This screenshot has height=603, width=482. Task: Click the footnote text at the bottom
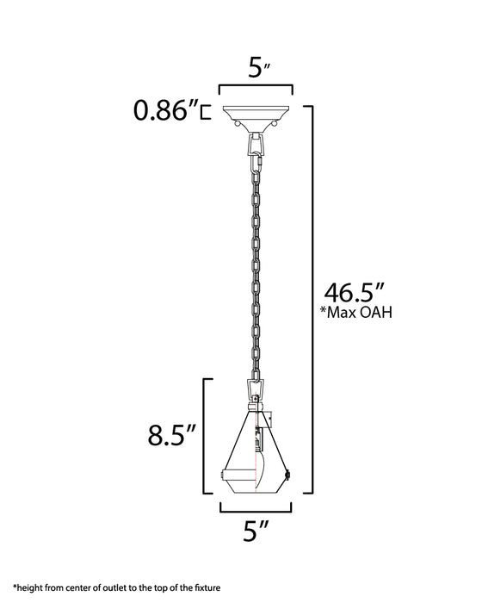click(117, 587)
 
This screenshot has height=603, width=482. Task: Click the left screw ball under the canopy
click(237, 126)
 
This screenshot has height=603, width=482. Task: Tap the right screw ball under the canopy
click(275, 126)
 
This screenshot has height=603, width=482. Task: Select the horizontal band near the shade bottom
click(256, 473)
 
